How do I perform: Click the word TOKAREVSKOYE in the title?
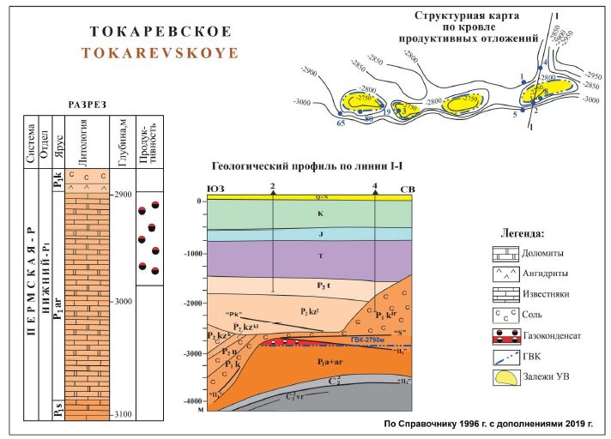click(x=160, y=52)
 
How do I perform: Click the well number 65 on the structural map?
click(x=341, y=123)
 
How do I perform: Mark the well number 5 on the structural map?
click(x=515, y=113)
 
